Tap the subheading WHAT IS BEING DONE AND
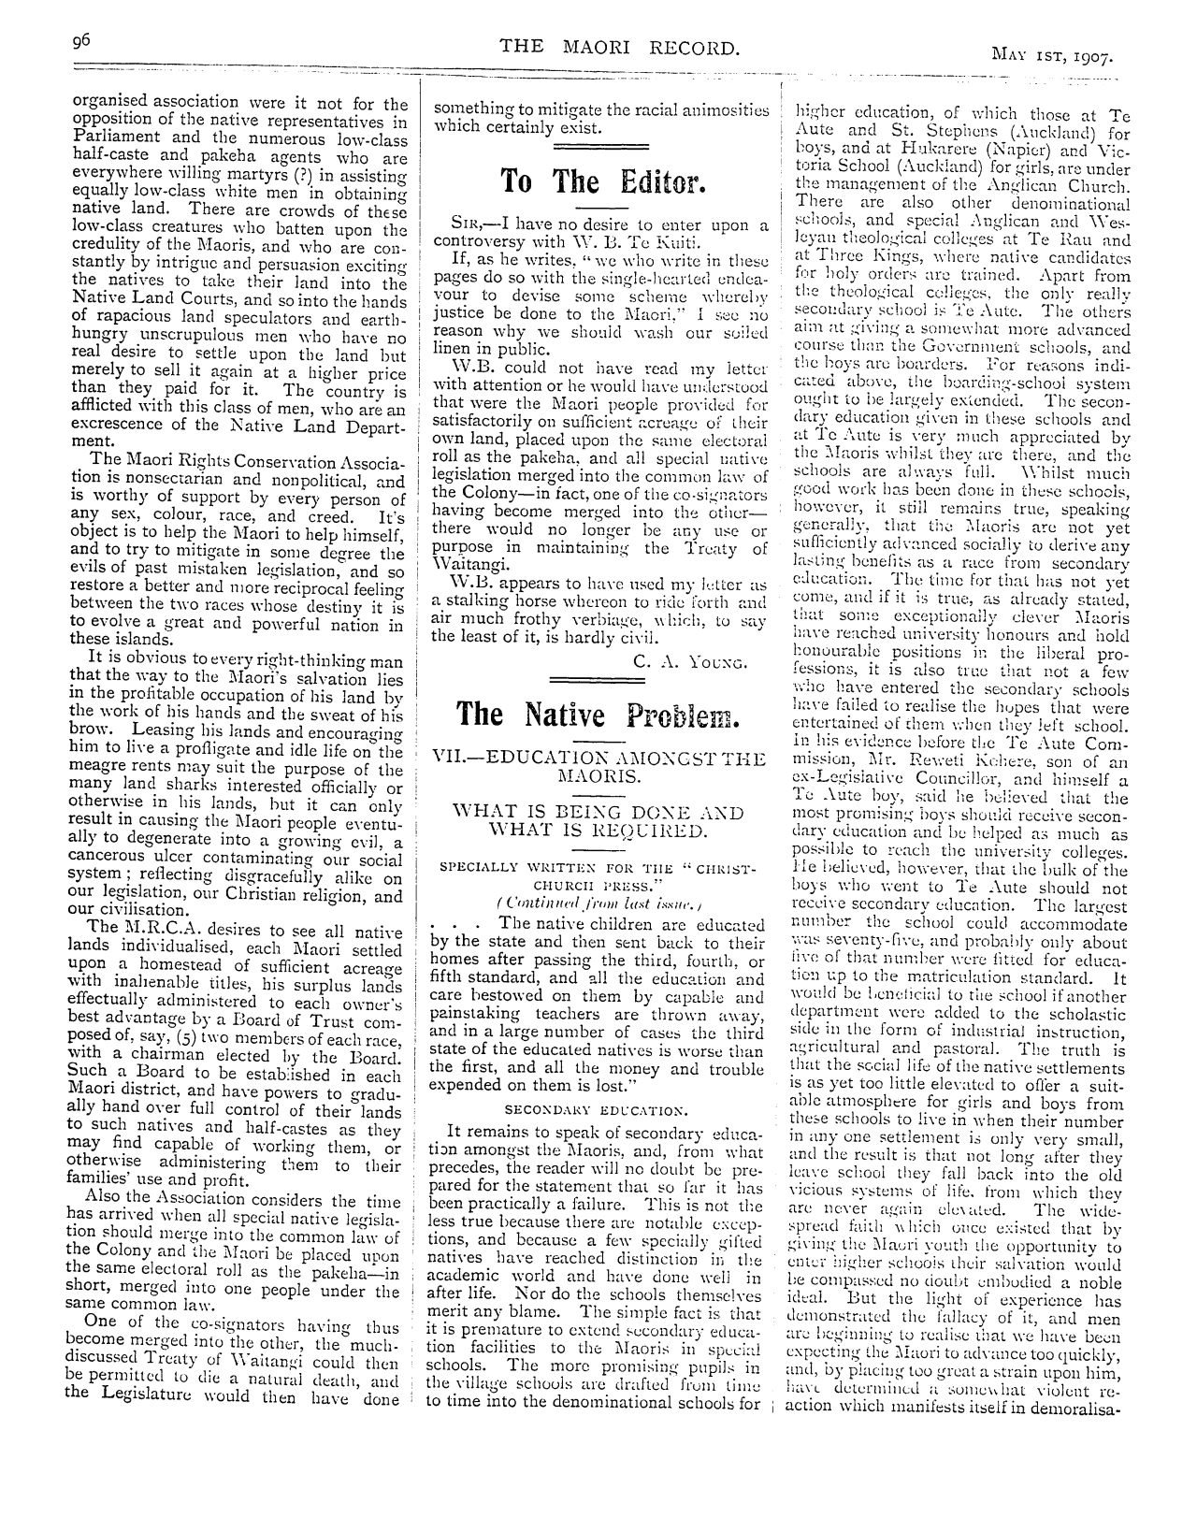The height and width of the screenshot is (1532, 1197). [x=598, y=812]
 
